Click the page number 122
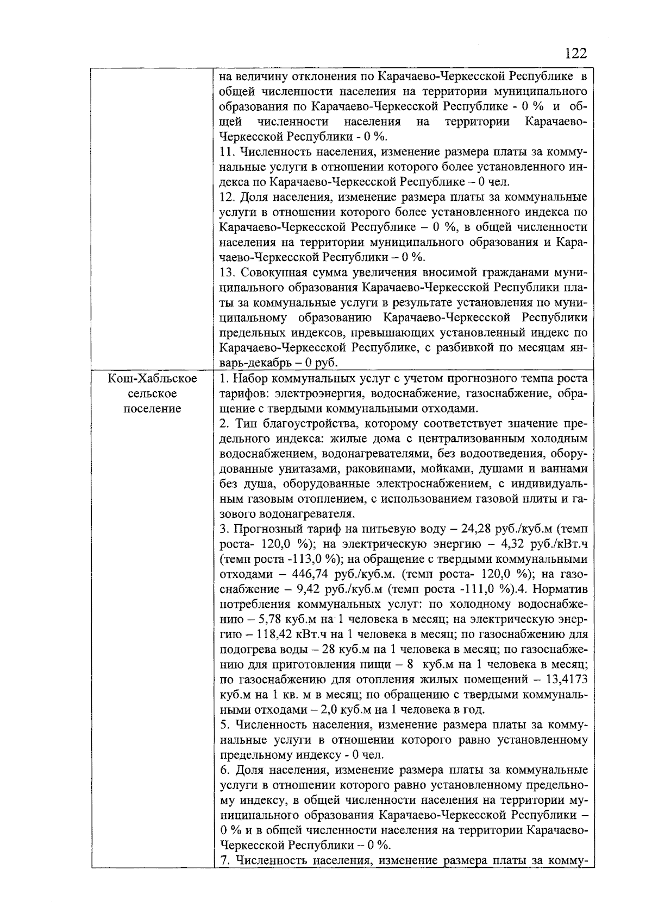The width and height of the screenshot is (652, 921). click(575, 53)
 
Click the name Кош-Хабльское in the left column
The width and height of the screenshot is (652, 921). click(153, 378)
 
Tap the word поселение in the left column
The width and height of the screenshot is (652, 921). click(153, 408)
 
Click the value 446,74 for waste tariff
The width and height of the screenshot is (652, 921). click(298, 574)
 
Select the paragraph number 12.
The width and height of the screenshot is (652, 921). click(228, 197)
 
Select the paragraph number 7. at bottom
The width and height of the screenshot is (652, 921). click(225, 861)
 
